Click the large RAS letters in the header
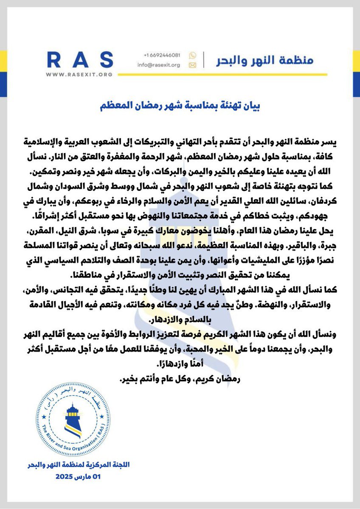(80, 59)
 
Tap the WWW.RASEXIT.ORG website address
(80, 74)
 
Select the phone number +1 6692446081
(162, 56)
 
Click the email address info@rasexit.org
(162, 65)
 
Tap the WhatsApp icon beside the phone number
(192, 56)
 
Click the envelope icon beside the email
(192, 65)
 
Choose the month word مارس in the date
(85, 477)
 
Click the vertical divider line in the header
(203, 60)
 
